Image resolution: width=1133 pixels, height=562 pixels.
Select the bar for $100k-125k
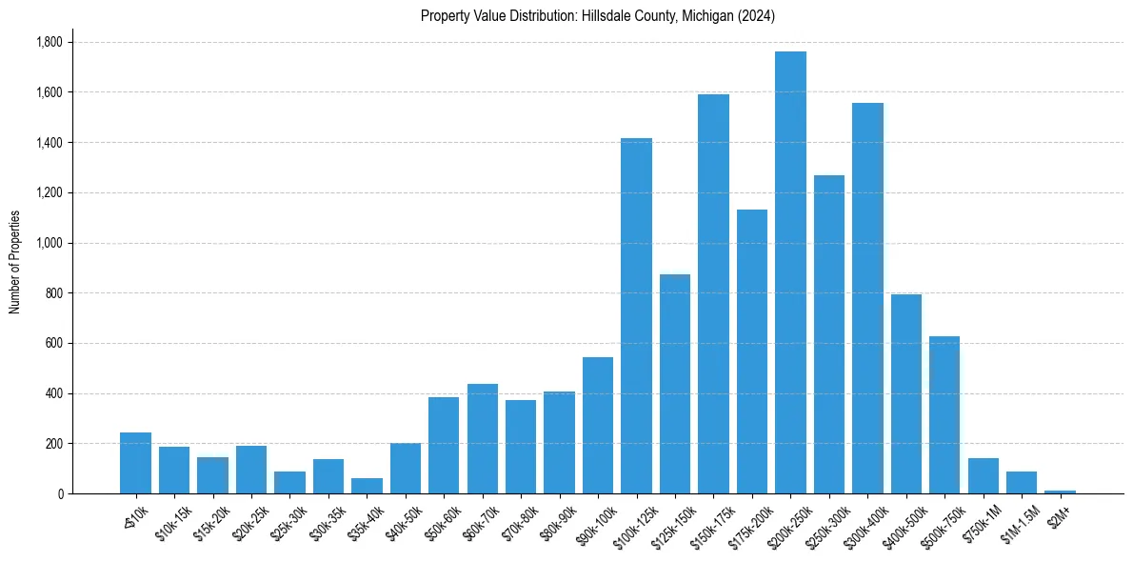pyautogui.click(x=636, y=315)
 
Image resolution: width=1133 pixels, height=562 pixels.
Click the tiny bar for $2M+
pyautogui.click(x=1060, y=492)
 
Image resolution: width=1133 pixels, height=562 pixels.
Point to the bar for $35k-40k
pyautogui.click(x=367, y=486)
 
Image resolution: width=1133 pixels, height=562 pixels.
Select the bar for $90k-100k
pyautogui.click(x=598, y=425)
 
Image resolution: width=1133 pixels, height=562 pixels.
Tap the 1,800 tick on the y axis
pyautogui.click(x=50, y=43)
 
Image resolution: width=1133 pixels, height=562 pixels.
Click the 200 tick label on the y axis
pyautogui.click(x=54, y=444)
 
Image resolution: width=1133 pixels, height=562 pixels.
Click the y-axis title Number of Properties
pyautogui.click(x=14, y=262)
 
